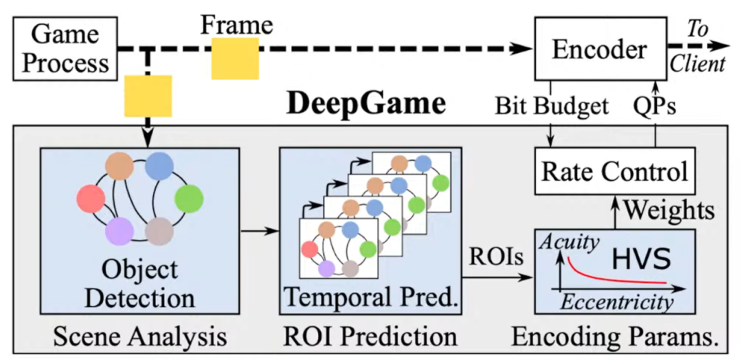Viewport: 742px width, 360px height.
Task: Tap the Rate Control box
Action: coord(614,170)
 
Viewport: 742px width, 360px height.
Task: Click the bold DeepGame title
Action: coord(366,104)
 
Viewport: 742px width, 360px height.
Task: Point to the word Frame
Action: coord(237,25)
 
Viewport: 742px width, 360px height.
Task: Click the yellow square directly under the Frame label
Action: coord(235,58)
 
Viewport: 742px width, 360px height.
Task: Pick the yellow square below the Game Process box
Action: coord(148,95)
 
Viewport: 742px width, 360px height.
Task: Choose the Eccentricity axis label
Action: coord(616,302)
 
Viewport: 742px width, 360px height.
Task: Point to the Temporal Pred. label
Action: coord(371,297)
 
